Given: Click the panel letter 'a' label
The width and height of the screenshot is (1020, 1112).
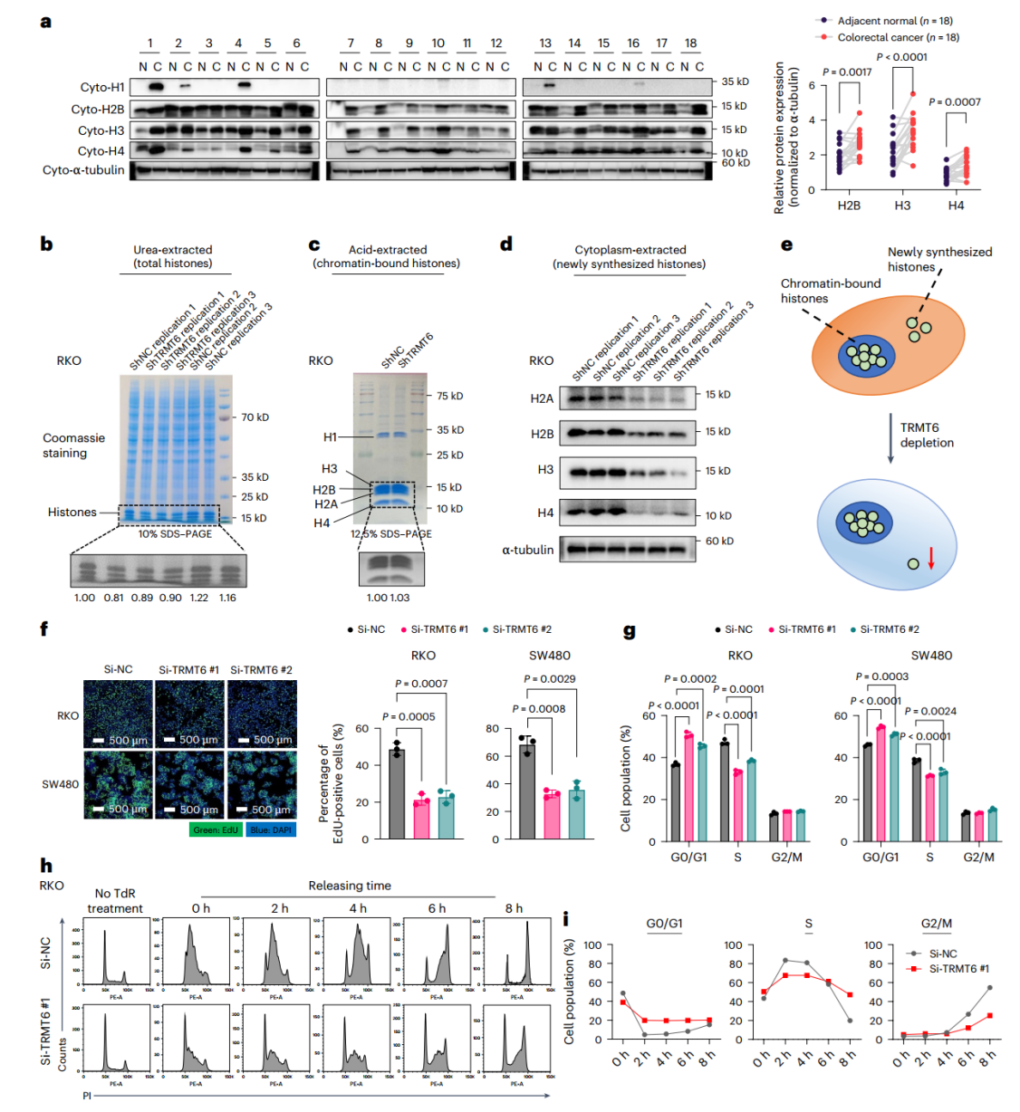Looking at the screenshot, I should pos(45,21).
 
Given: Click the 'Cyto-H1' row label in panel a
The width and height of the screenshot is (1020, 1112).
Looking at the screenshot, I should pos(101,87).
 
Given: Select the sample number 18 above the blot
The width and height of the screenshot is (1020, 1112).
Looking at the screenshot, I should pos(690,43).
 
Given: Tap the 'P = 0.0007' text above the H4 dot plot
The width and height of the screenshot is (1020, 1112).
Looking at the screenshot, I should pos(954,102).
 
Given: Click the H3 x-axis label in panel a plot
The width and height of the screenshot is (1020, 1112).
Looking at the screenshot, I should pos(902,206).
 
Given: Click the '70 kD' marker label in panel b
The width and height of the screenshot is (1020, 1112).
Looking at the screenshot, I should pos(255,417).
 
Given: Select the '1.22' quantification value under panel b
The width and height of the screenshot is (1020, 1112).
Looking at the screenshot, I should pos(198,598).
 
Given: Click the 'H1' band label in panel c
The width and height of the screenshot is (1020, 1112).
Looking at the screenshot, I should pos(330,437).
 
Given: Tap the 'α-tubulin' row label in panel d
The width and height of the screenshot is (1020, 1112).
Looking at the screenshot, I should pos(527,550).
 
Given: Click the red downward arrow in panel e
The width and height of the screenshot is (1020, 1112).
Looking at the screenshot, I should pos(930,558).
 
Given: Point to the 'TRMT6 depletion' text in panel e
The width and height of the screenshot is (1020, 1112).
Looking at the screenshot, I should pos(926,436).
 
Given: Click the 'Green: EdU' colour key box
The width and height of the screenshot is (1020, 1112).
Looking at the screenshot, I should pos(216,829).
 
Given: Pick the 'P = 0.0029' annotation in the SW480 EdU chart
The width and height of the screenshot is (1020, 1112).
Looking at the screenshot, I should pos(550,679).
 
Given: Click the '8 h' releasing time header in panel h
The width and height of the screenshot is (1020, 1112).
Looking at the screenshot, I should pos(514,908).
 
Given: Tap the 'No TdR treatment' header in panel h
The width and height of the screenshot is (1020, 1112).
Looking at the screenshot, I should pos(115,901).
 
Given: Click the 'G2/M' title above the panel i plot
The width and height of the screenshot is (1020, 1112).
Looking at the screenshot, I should pos(937,924).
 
